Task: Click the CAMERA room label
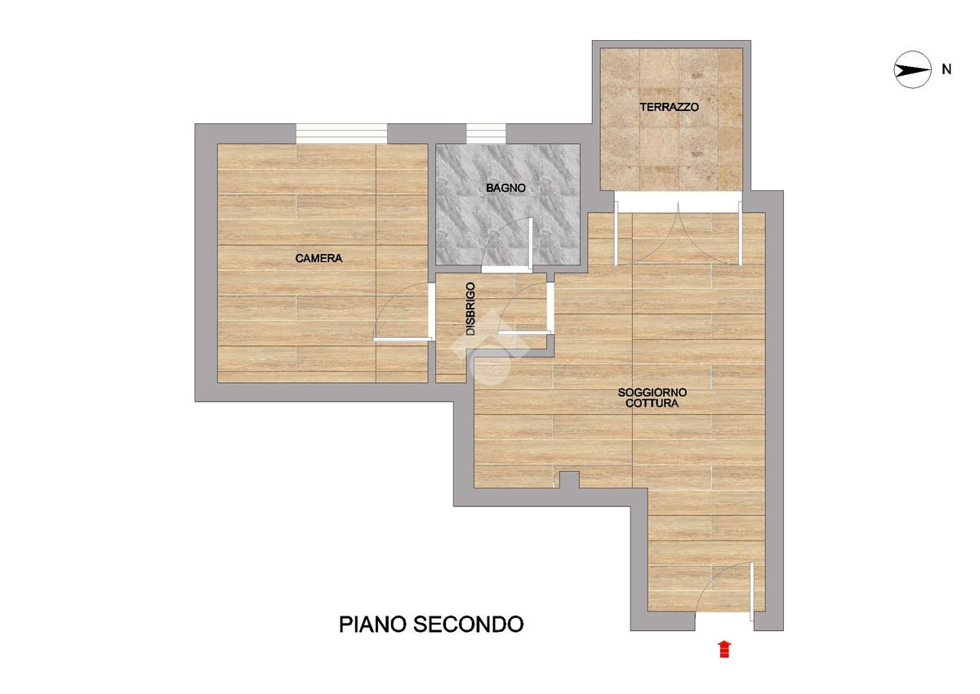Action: pos(318,259)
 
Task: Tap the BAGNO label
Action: pos(506,188)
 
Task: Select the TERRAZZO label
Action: pos(669,107)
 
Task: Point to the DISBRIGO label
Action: pos(470,309)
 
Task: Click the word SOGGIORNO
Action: pos(652,392)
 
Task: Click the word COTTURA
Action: pos(652,403)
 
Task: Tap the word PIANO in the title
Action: pos(372,625)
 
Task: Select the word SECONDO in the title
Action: pos(469,625)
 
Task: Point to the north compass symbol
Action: pos(912,70)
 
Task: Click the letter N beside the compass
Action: pos(947,69)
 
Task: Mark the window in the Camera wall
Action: pos(341,133)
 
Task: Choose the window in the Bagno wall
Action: pos(486,133)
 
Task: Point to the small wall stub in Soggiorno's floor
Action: pos(570,480)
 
